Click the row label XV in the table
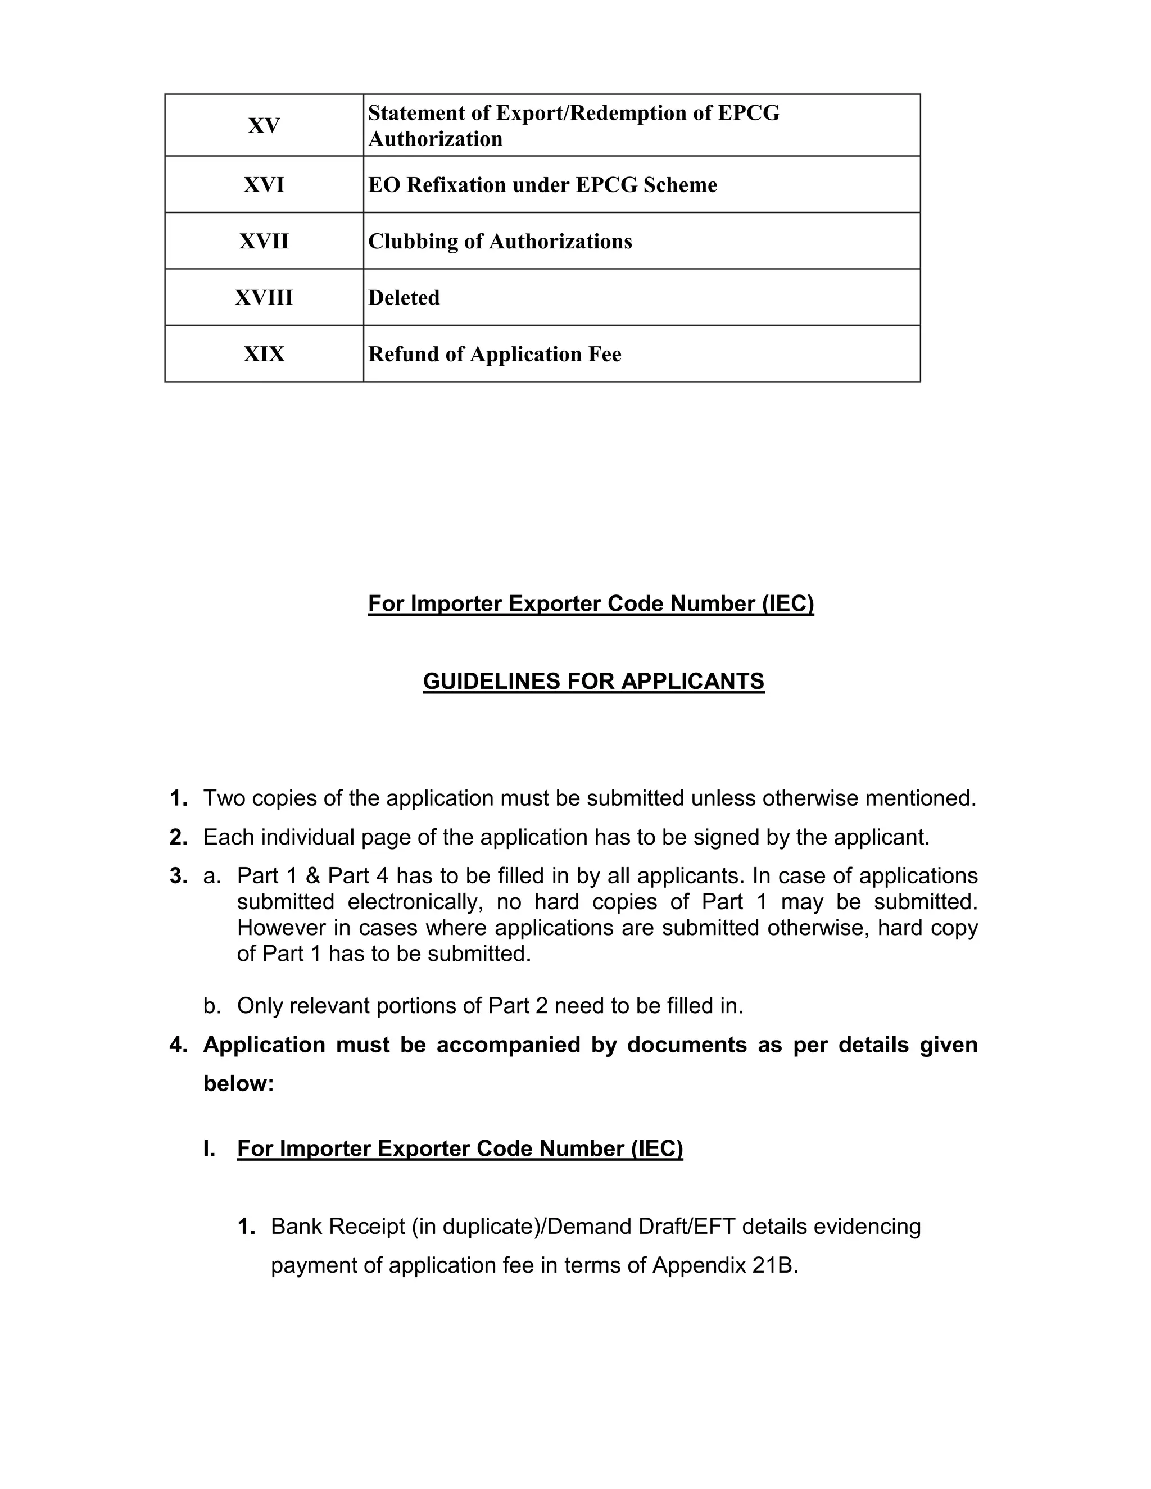pos(264,126)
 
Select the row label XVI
pos(264,185)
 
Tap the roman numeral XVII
pos(264,242)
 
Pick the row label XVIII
pos(264,298)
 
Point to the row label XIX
pos(264,355)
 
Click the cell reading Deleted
pos(404,298)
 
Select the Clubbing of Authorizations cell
pos(500,242)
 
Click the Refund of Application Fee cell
pos(495,355)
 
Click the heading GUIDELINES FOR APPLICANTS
pos(593,681)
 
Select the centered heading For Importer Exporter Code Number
pos(591,603)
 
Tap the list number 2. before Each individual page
pos(179,837)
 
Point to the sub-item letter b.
pos(212,1006)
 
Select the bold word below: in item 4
pos(238,1083)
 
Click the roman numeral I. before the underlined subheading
pos(209,1149)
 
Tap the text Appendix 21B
pos(725,1265)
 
